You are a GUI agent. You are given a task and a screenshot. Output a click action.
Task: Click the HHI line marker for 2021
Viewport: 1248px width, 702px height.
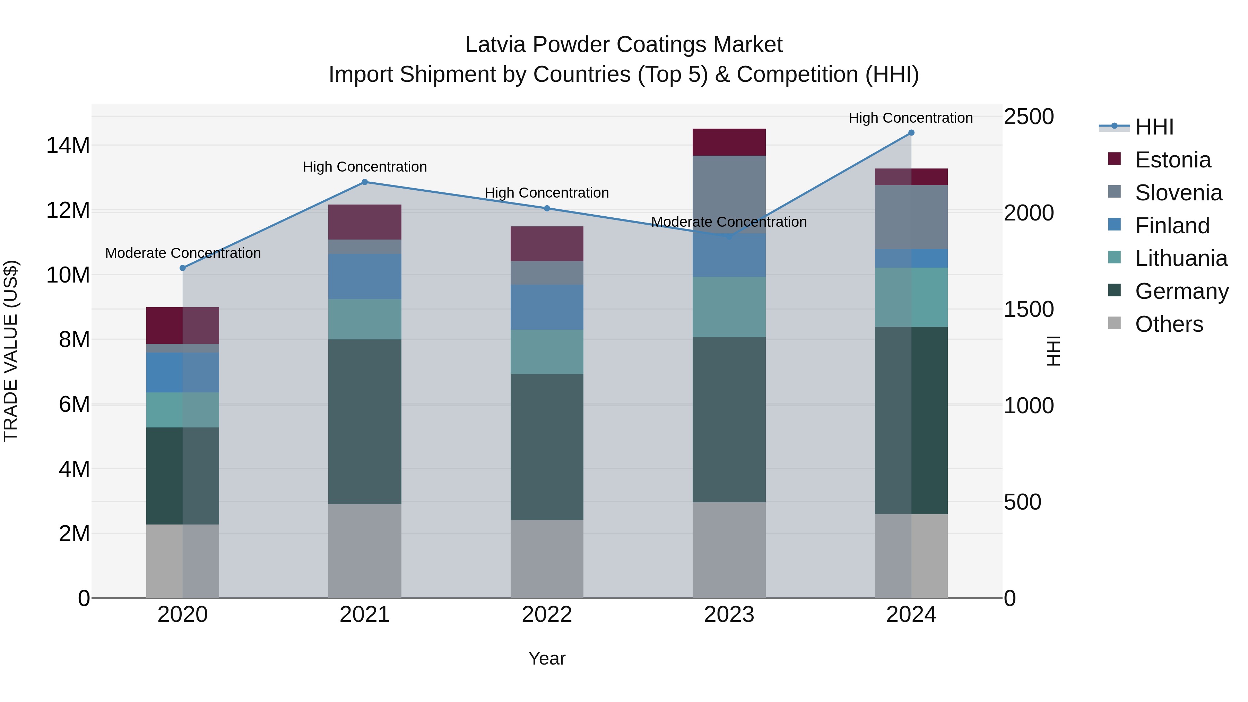pyautogui.click(x=365, y=182)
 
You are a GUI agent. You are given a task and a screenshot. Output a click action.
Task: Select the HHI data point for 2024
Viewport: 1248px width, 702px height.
pyautogui.click(x=911, y=133)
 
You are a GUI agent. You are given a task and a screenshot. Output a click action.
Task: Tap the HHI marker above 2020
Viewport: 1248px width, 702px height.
pyautogui.click(x=183, y=268)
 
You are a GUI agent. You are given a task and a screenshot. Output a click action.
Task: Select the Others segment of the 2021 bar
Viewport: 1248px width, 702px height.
pyautogui.click(x=365, y=551)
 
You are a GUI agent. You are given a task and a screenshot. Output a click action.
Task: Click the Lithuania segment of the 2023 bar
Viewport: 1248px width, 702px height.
pyautogui.click(x=729, y=307)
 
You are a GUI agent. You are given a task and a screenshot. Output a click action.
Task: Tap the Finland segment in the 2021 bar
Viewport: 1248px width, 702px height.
pyautogui.click(x=365, y=276)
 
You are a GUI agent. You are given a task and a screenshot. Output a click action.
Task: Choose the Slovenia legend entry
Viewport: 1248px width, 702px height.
pyautogui.click(x=1178, y=193)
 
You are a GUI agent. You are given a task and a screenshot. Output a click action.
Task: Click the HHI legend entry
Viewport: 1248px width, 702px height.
pyautogui.click(x=1154, y=127)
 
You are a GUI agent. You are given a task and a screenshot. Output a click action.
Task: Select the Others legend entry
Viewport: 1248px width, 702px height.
pyautogui.click(x=1169, y=324)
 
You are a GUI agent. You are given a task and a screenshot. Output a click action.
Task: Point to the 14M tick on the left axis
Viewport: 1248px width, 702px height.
pyautogui.click(x=68, y=145)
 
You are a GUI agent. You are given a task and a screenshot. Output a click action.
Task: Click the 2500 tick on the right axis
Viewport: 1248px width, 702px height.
pyautogui.click(x=1029, y=117)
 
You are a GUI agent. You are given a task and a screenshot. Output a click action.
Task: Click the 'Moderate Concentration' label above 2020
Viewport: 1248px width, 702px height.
pyautogui.click(x=183, y=253)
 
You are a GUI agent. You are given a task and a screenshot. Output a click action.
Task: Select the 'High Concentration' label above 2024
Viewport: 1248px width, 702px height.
pyautogui.click(x=910, y=118)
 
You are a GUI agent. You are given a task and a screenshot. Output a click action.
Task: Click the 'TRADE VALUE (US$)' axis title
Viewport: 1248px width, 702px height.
pyautogui.click(x=11, y=351)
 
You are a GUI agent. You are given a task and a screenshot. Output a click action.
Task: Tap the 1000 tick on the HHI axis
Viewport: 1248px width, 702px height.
pyautogui.click(x=1029, y=406)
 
